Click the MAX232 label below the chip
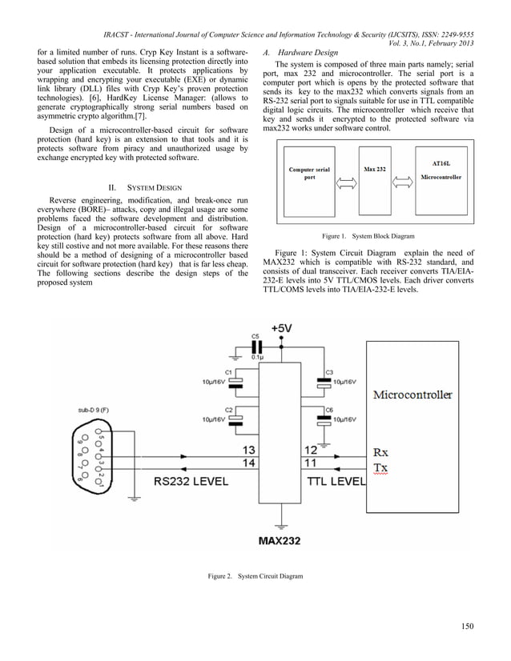[279, 540]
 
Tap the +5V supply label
[282, 329]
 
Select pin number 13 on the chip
[249, 451]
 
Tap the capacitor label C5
[255, 336]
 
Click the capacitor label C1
[229, 373]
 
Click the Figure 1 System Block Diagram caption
[368, 237]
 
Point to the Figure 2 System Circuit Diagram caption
[255, 577]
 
